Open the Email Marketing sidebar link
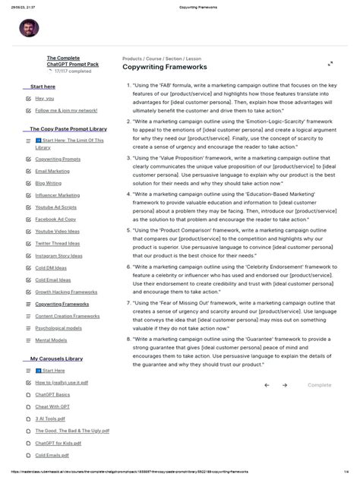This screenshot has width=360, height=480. point(52,171)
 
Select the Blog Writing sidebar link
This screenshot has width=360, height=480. point(49,183)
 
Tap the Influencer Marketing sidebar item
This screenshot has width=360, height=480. point(57,195)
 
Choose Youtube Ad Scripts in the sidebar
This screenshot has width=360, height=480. point(55,207)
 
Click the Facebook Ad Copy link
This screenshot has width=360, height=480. point(55,219)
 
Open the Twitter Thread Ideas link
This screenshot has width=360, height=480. point(58,243)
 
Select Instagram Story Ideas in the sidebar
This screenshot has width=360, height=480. point(59,256)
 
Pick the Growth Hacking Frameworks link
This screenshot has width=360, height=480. point(66,292)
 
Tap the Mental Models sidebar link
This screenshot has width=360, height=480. point(51,340)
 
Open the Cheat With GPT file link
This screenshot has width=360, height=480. point(52,406)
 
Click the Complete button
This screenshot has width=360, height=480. point(319,385)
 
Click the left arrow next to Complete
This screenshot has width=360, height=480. point(267,385)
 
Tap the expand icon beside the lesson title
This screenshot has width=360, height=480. point(330,65)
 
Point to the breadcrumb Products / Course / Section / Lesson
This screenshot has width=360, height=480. point(162,58)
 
